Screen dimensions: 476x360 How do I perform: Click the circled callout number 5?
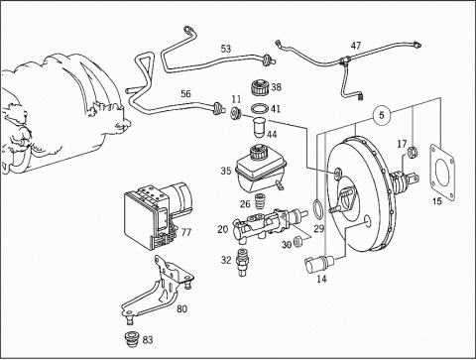pos(382,115)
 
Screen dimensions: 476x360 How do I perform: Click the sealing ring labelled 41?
pos(259,108)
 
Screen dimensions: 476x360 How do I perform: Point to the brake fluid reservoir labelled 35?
pos(259,169)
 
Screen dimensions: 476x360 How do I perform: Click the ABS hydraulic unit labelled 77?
pos(156,215)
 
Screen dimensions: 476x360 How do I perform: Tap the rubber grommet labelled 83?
pos(133,339)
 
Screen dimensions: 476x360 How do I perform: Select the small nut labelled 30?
pos(297,242)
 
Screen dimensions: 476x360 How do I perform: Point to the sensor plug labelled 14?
pos(319,264)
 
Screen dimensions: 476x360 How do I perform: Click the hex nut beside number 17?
pos(413,152)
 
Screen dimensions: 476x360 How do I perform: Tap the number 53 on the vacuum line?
pos(226,49)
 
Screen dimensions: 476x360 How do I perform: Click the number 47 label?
pos(356,46)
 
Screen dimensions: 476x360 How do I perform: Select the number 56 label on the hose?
pos(185,93)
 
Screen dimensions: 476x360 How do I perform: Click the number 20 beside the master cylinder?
pos(223,229)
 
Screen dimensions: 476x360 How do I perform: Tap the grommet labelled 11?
pos(236,113)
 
